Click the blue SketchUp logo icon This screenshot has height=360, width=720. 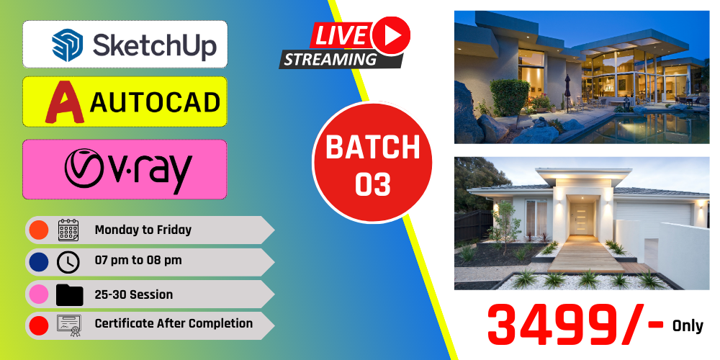68,45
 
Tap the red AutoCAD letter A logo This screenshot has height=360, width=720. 65,102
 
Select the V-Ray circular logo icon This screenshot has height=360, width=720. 84,168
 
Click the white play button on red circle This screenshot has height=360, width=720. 391,36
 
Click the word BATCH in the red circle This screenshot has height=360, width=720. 373,147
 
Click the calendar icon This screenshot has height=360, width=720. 68,230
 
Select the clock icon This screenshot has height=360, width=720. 68,262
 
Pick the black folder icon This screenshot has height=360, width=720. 69,294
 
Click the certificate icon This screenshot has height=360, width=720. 69,325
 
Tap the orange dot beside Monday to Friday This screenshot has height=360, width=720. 39,230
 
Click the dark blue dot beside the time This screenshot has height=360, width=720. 39,262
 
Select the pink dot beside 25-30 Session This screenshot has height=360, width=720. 39,294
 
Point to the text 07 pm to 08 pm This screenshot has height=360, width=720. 138,261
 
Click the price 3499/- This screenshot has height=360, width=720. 575,325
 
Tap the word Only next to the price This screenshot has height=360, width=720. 688,326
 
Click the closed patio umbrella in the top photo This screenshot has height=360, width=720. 567,93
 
